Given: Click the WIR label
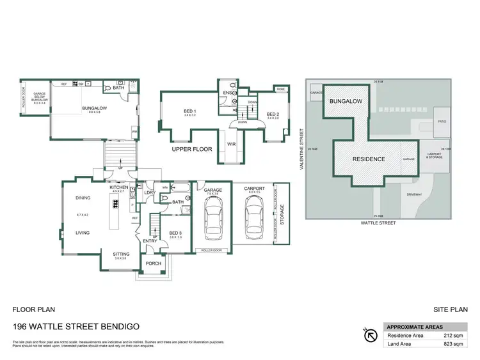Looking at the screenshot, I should point(232,145).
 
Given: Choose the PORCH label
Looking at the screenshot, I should point(154,263).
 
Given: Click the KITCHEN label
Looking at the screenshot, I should point(119,187).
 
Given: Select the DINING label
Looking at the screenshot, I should point(83,198).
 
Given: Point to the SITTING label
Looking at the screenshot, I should point(122,254).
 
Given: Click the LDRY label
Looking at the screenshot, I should point(150,192).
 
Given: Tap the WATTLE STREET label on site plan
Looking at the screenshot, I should point(379,223).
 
